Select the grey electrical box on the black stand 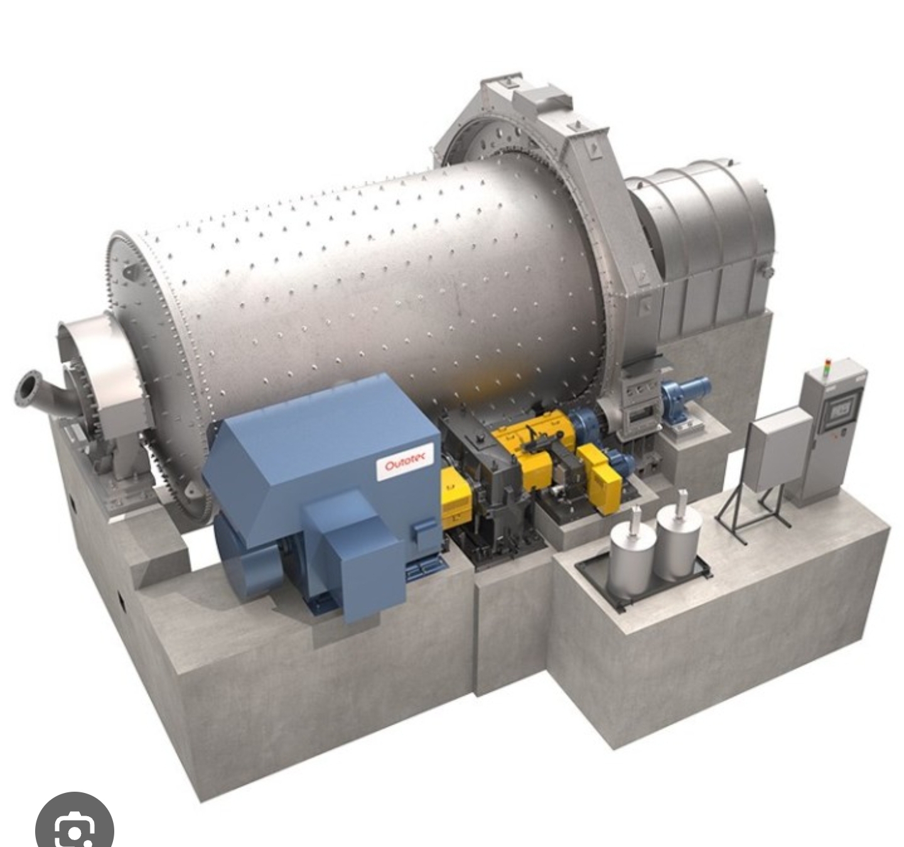780,449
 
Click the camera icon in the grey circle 74,820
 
